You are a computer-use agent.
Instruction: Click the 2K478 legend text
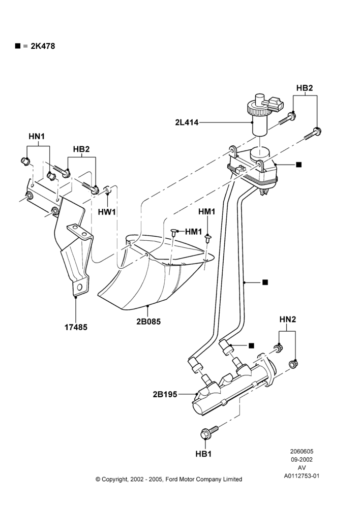point(43,46)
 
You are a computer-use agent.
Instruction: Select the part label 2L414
point(187,122)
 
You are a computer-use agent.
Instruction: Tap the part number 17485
point(76,327)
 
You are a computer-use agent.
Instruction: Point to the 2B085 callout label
point(148,322)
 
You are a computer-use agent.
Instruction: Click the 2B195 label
point(165,394)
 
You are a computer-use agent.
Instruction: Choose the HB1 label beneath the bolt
point(203,454)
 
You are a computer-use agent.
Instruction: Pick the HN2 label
point(288,320)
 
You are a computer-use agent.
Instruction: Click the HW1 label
point(107,212)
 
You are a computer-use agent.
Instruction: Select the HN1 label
point(37,136)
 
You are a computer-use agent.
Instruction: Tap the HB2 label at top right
point(305,88)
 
